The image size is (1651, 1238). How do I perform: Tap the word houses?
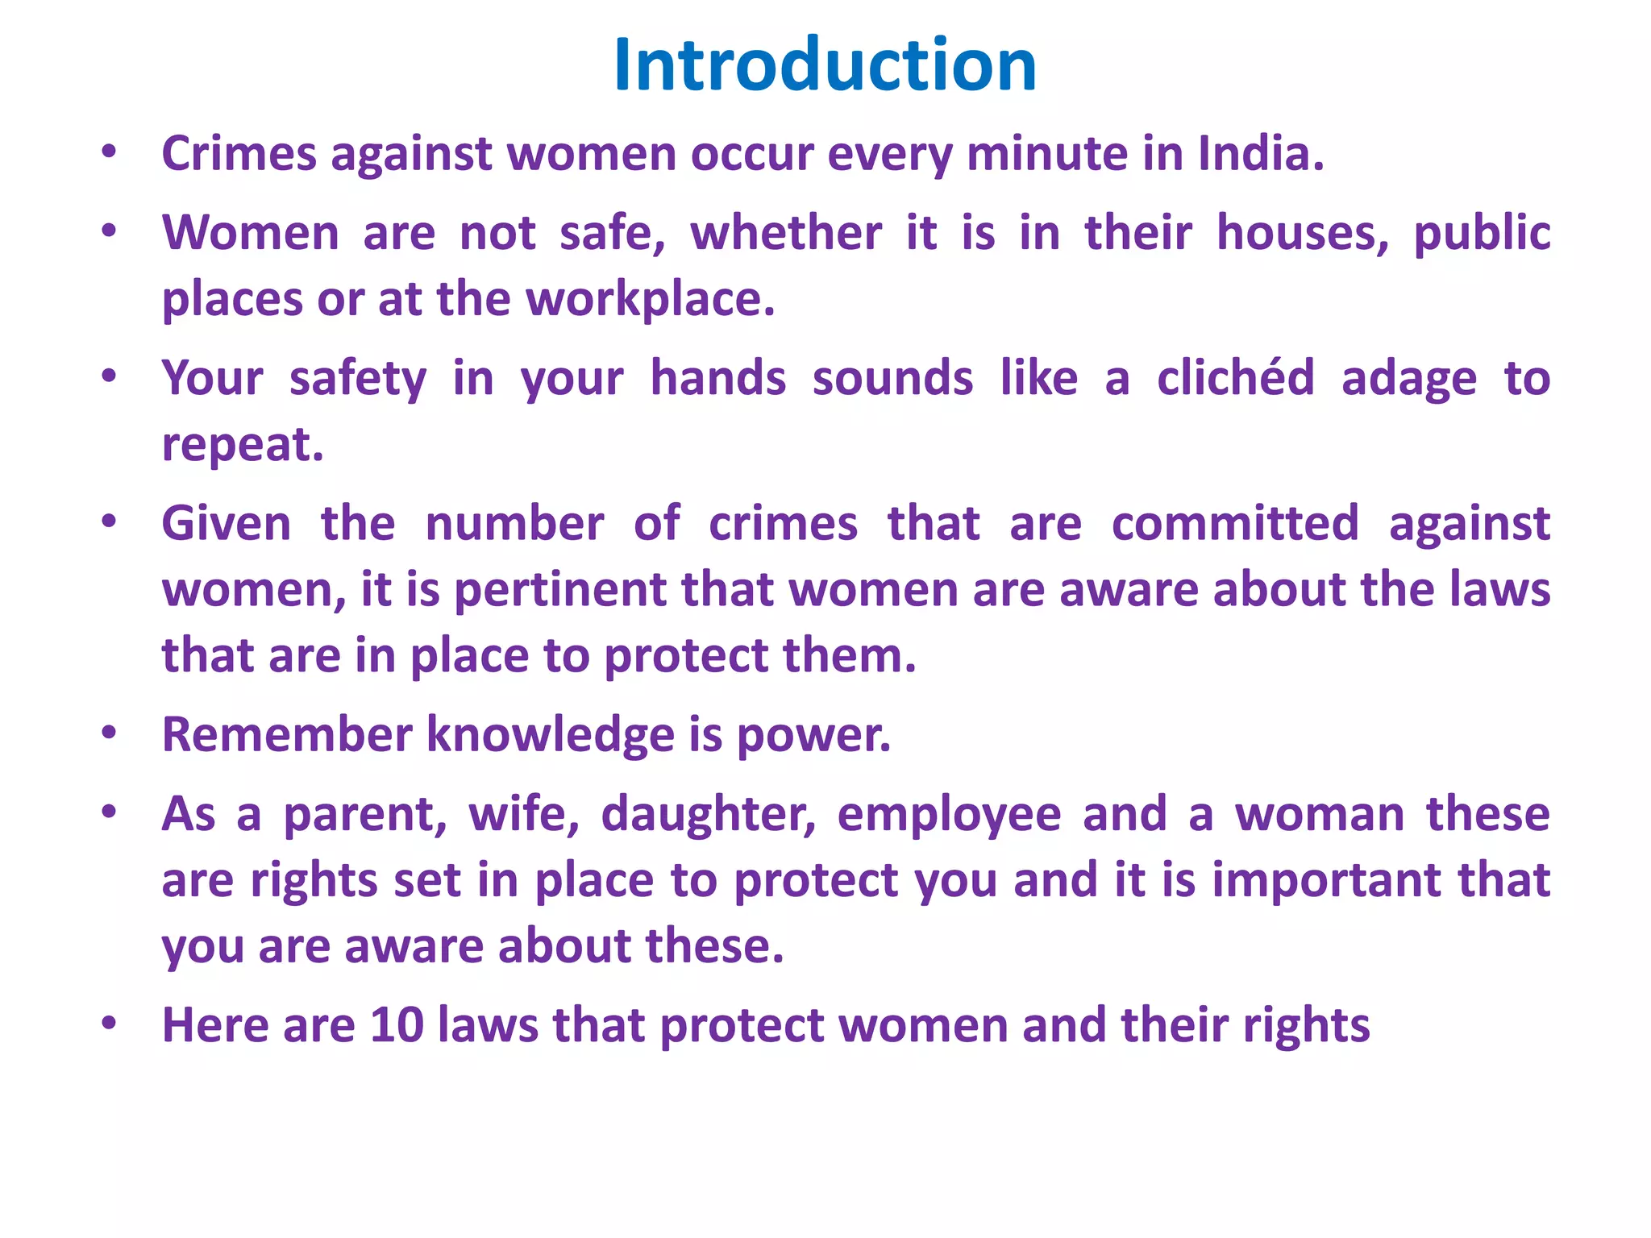[x=1302, y=233]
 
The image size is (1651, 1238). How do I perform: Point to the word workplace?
[x=650, y=299]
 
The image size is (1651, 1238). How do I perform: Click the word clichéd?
[x=1236, y=378]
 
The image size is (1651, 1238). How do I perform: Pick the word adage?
[x=1408, y=380]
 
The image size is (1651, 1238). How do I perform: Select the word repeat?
[x=242, y=445]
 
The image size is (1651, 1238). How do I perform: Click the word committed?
[x=1235, y=524]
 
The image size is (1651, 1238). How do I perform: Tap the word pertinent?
[x=559, y=590]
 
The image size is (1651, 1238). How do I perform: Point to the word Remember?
[x=287, y=734]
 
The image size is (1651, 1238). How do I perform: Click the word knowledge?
[x=550, y=736]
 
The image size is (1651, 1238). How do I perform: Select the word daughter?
[x=709, y=814]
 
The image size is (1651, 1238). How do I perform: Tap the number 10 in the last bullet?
[x=397, y=1025]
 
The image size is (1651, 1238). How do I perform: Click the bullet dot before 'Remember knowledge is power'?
[x=110, y=733]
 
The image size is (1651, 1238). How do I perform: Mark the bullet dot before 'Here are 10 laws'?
[x=110, y=1024]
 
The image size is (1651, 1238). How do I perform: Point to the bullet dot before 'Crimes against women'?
[x=110, y=152]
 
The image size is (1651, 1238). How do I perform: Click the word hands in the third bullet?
[x=717, y=378]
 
